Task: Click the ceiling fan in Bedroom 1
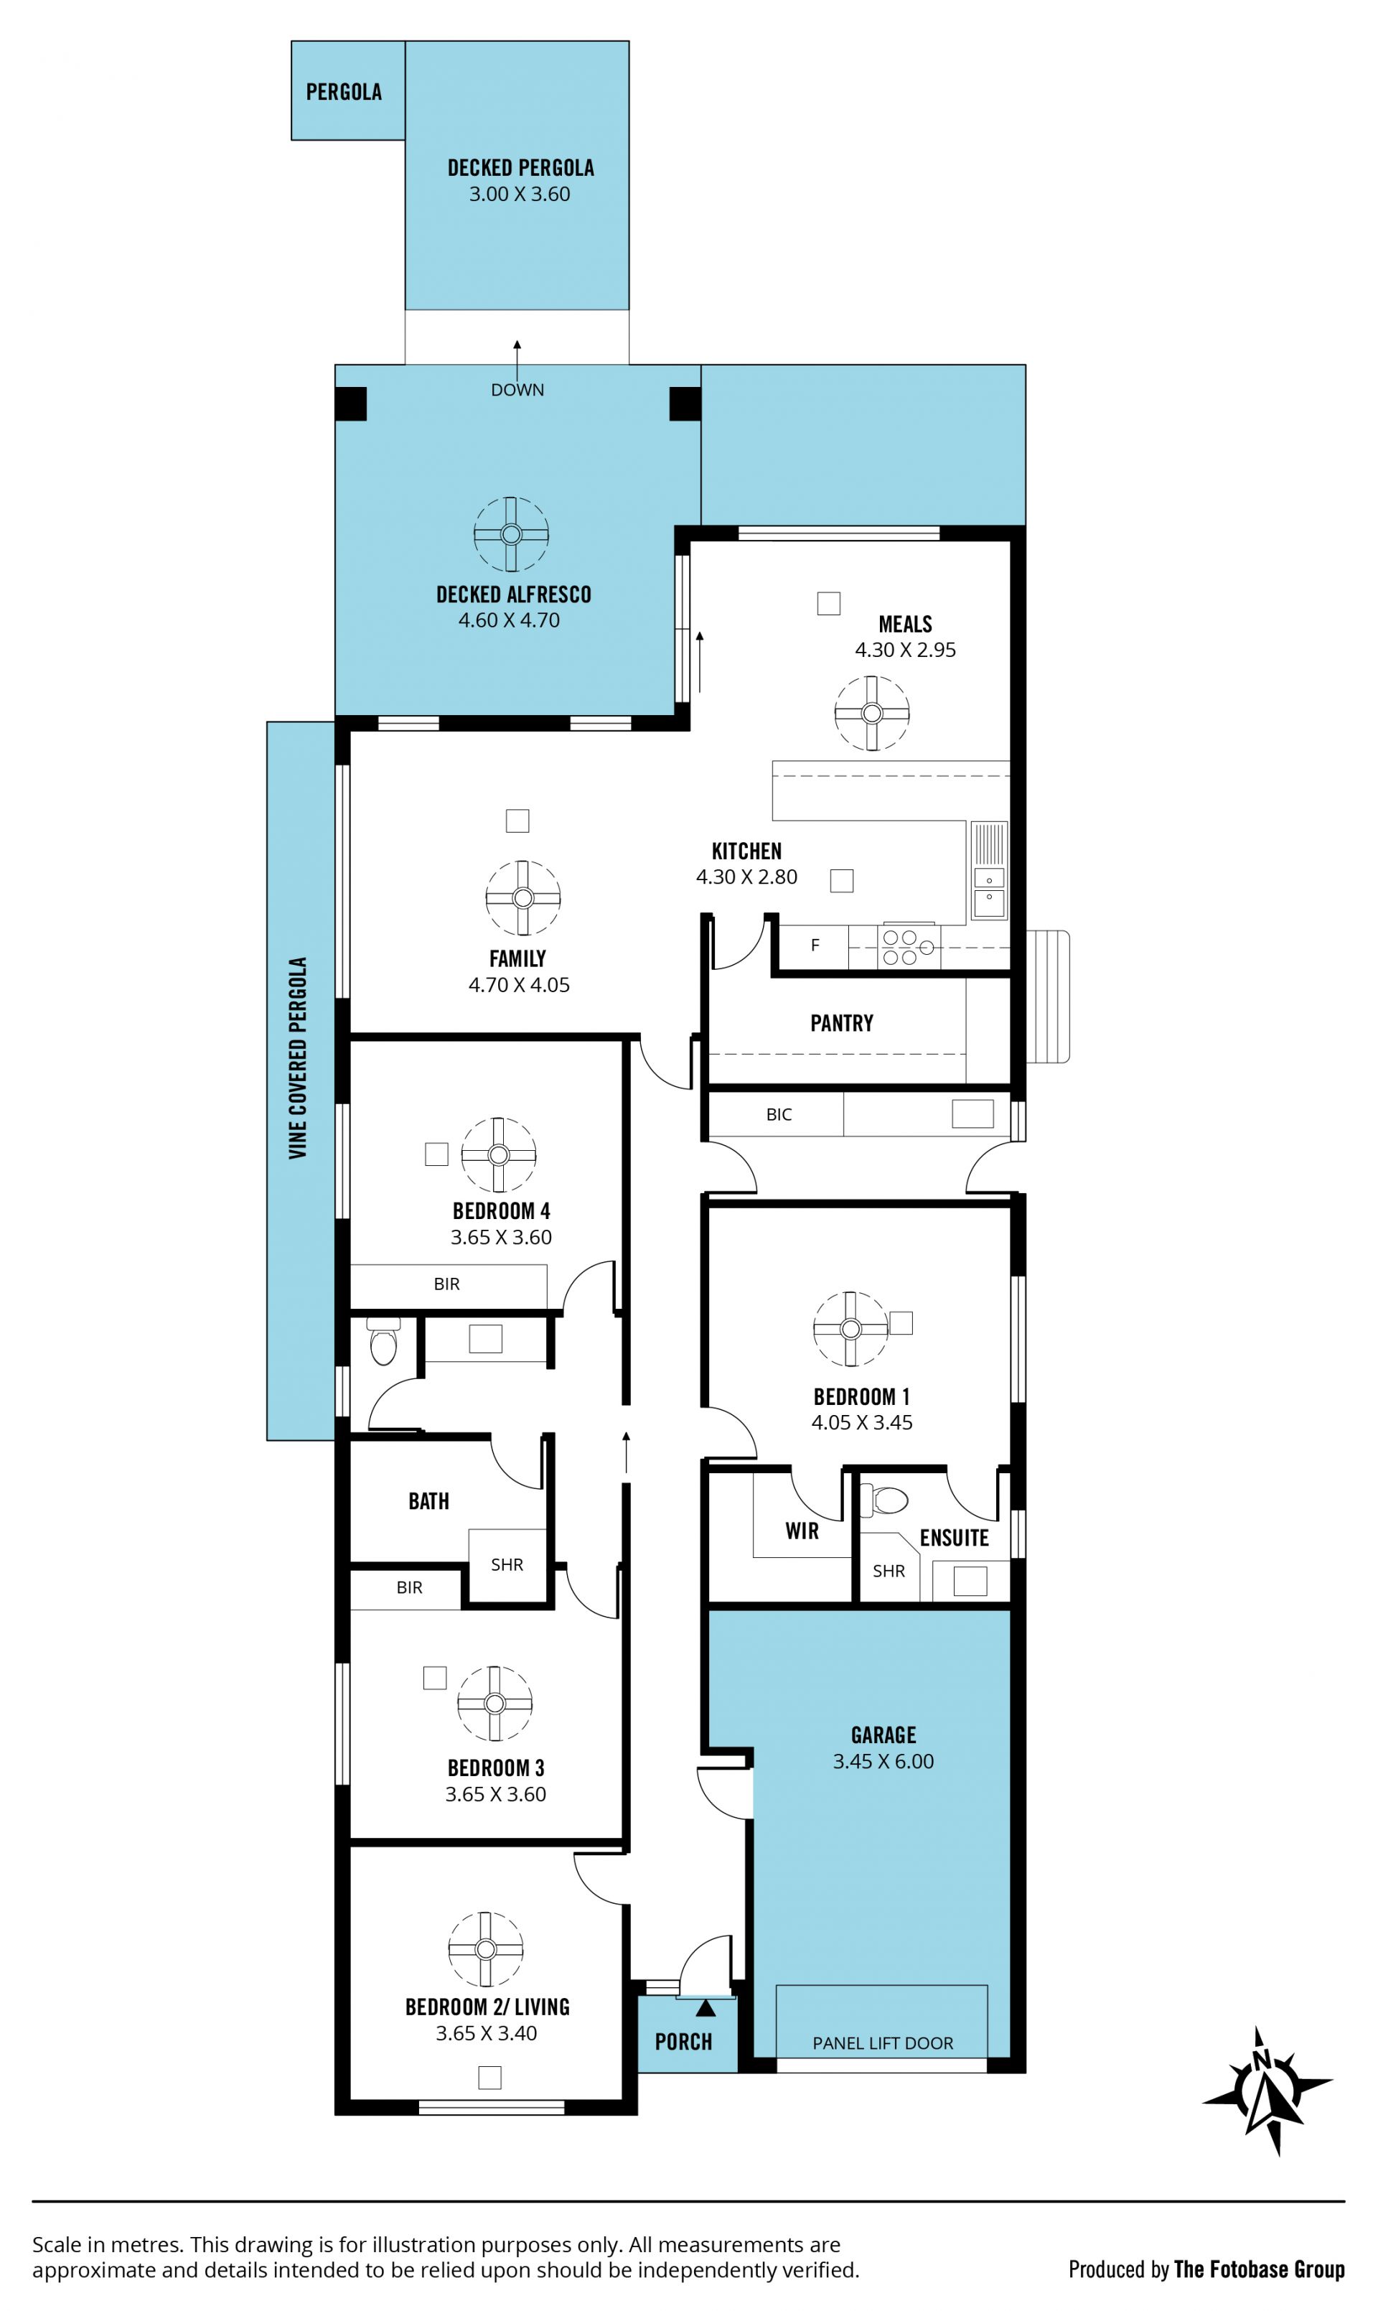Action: point(850,1329)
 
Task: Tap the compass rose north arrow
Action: point(1267,2090)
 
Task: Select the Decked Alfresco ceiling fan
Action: point(511,534)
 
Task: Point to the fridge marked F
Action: point(815,946)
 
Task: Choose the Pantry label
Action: point(841,1024)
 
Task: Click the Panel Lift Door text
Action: point(882,2043)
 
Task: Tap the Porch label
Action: point(683,2042)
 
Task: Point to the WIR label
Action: point(802,1531)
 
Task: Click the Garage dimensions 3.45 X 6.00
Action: point(883,1761)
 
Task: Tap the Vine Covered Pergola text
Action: point(297,1058)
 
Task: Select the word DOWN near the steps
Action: point(517,390)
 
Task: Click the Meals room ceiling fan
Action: point(871,714)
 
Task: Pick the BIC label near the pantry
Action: point(779,1115)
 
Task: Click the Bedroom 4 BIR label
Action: point(446,1284)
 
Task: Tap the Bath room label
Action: point(429,1501)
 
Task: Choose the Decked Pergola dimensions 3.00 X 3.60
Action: point(519,194)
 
